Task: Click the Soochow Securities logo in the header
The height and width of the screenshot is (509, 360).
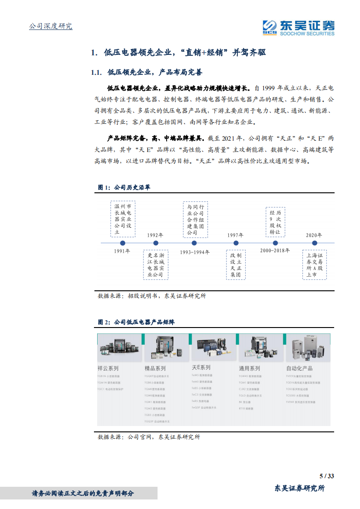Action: [298, 27]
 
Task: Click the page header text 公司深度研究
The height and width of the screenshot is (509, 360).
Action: [50, 26]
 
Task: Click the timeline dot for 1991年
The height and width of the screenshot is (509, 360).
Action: [123, 243]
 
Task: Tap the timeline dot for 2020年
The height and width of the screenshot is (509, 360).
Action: [314, 243]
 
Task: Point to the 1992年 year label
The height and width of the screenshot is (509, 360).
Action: [155, 235]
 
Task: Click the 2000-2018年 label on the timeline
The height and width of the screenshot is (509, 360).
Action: [275, 250]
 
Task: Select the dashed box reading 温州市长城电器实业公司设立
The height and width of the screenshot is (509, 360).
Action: [123, 219]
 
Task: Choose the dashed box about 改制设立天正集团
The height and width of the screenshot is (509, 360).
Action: [235, 265]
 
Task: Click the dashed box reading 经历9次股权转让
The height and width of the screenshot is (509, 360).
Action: [275, 221]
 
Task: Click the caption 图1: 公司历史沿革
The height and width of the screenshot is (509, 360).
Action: [124, 187]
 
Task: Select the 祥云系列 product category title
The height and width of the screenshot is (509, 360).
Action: [108, 368]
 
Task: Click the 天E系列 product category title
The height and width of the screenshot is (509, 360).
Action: [201, 367]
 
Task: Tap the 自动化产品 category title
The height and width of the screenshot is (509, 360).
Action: [300, 368]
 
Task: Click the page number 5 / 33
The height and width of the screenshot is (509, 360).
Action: [327, 476]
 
